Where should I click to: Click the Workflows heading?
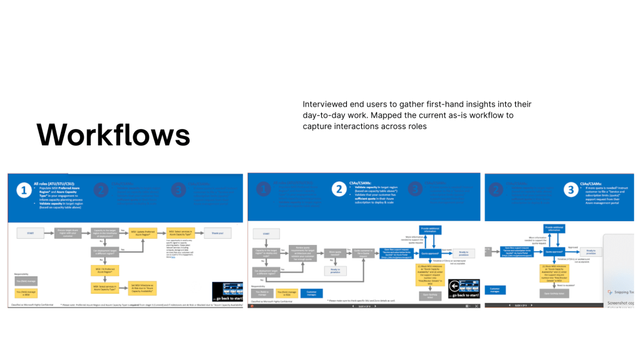(x=113, y=135)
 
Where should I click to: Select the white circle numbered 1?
(x=23, y=190)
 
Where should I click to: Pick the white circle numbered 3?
(x=571, y=189)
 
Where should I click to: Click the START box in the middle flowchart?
(x=265, y=234)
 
